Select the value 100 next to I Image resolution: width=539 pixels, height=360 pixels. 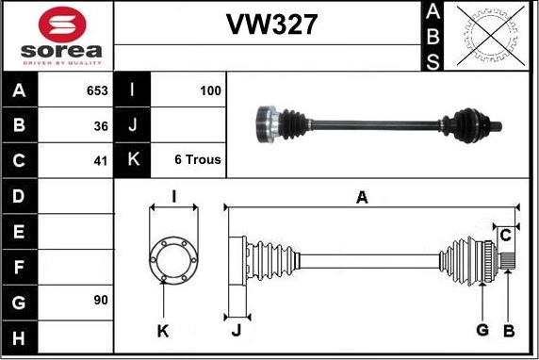(211, 90)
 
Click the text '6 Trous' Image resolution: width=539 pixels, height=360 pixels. (198, 159)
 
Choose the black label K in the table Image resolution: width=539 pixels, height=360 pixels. (132, 159)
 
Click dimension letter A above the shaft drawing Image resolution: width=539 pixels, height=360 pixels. (361, 197)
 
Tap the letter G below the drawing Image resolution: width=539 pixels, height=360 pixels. (482, 329)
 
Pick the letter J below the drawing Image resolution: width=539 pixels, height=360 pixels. (237, 330)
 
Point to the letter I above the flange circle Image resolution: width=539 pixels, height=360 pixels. (173, 197)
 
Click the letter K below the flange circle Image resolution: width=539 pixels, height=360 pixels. (163, 330)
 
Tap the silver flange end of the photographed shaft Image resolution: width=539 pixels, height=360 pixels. (266, 123)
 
